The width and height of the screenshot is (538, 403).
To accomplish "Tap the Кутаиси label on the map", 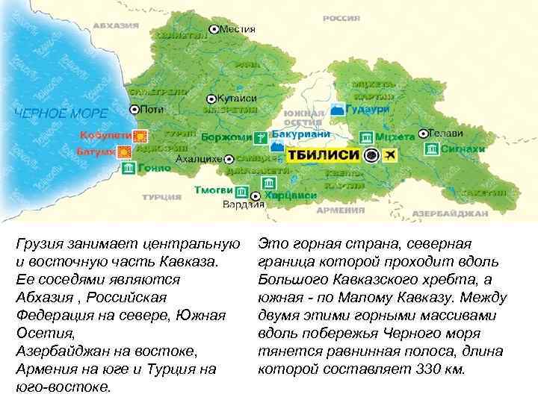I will [x=238, y=98].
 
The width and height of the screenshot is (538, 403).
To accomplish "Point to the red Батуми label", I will [x=96, y=151].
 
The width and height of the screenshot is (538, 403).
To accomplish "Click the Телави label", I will [x=447, y=133].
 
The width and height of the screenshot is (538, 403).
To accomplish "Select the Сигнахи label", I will [x=464, y=149].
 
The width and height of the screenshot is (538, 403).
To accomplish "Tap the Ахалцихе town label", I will [x=198, y=159].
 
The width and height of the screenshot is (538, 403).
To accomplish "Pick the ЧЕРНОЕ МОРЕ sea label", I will [x=61, y=114].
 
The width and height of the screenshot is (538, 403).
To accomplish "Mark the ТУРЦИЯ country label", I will [x=161, y=197].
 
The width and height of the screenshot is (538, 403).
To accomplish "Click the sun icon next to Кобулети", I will [x=140, y=136].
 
